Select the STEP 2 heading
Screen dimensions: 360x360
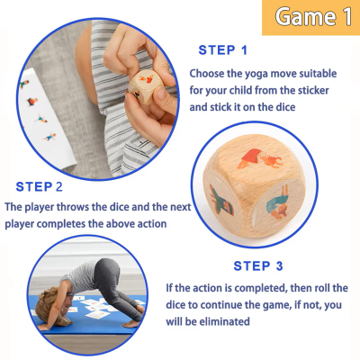[34, 187]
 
